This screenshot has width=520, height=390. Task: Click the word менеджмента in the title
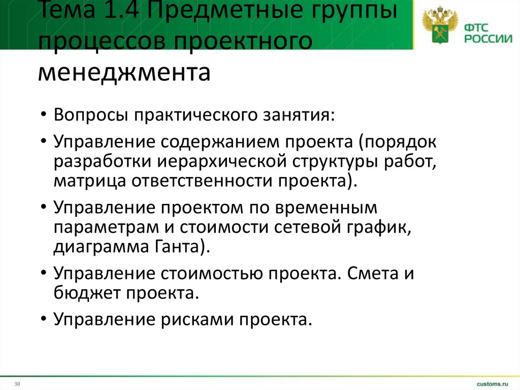(123, 72)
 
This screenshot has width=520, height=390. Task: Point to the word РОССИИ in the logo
(486, 38)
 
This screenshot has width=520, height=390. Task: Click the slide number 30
(17, 383)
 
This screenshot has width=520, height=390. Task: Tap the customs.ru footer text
(492, 382)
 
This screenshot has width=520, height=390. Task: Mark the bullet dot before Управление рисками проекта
(45, 320)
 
